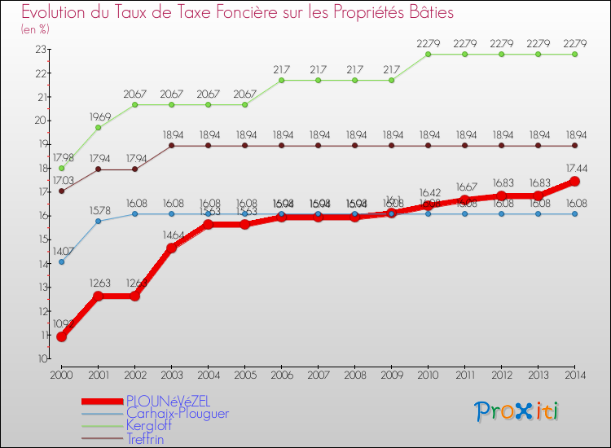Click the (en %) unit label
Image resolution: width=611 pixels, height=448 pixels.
(35, 29)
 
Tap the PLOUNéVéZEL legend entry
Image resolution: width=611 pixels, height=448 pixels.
(167, 401)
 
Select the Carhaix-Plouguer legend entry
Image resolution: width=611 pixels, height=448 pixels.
(177, 413)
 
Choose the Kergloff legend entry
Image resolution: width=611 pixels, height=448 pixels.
(148, 425)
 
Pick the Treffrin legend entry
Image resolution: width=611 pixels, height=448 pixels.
(145, 438)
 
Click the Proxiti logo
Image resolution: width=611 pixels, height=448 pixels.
(517, 411)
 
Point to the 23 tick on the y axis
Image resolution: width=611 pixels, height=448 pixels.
(41, 50)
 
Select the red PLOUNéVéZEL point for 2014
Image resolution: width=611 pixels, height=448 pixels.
(574, 182)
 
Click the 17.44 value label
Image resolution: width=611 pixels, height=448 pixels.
(574, 168)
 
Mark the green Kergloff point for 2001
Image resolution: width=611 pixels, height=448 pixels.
(98, 128)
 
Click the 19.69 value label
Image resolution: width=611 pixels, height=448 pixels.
(98, 116)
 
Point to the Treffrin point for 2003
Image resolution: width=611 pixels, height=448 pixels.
(171, 146)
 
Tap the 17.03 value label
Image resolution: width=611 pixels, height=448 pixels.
(61, 180)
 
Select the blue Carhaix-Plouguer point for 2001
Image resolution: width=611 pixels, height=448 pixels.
(98, 221)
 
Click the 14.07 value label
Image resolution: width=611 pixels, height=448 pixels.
(61, 251)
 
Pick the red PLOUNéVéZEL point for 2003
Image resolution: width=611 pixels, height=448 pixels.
(171, 248)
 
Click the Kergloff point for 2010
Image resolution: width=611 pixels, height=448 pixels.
(428, 55)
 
